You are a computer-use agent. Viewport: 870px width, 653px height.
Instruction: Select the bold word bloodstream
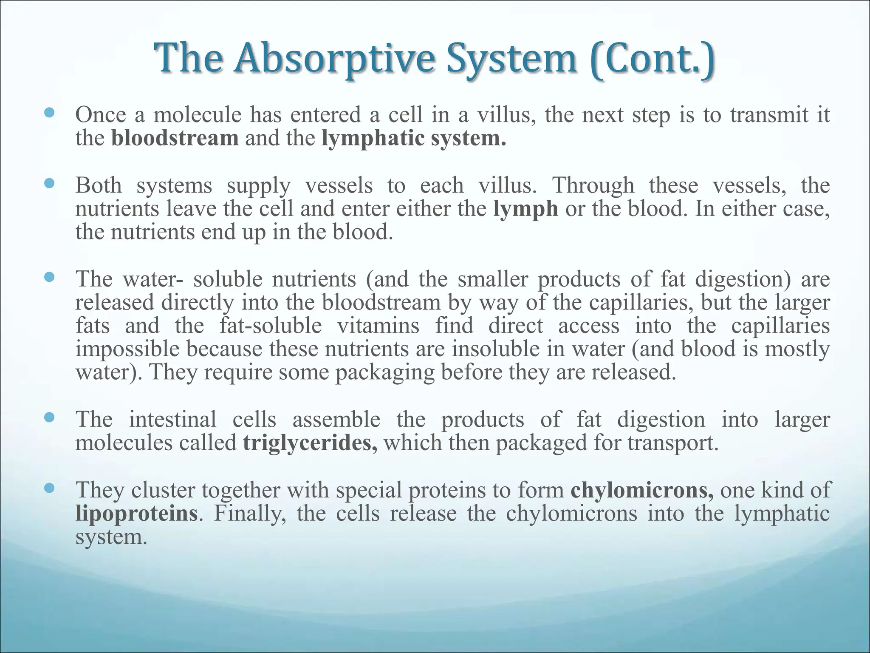(x=175, y=138)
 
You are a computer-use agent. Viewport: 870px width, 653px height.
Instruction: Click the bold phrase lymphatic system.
(x=414, y=138)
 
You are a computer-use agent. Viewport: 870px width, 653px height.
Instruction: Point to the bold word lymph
(x=525, y=209)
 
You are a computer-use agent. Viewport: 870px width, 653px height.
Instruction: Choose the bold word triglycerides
(x=310, y=443)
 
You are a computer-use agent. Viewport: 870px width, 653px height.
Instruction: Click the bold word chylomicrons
(x=642, y=490)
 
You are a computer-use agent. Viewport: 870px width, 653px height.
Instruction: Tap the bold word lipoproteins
(x=136, y=513)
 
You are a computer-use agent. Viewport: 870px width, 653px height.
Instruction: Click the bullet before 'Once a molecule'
(x=50, y=113)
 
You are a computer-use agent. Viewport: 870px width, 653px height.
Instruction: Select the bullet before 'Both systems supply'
(x=50, y=183)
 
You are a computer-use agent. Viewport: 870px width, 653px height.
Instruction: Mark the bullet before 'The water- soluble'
(x=50, y=277)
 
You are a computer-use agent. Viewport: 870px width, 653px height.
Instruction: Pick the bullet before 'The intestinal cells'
(x=50, y=417)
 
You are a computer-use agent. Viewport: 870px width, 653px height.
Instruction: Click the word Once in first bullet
(x=101, y=115)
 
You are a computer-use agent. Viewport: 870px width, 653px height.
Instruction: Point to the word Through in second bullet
(x=593, y=186)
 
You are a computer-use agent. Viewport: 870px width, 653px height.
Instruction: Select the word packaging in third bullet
(x=384, y=373)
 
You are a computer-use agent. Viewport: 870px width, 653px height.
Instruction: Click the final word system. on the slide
(x=111, y=537)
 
